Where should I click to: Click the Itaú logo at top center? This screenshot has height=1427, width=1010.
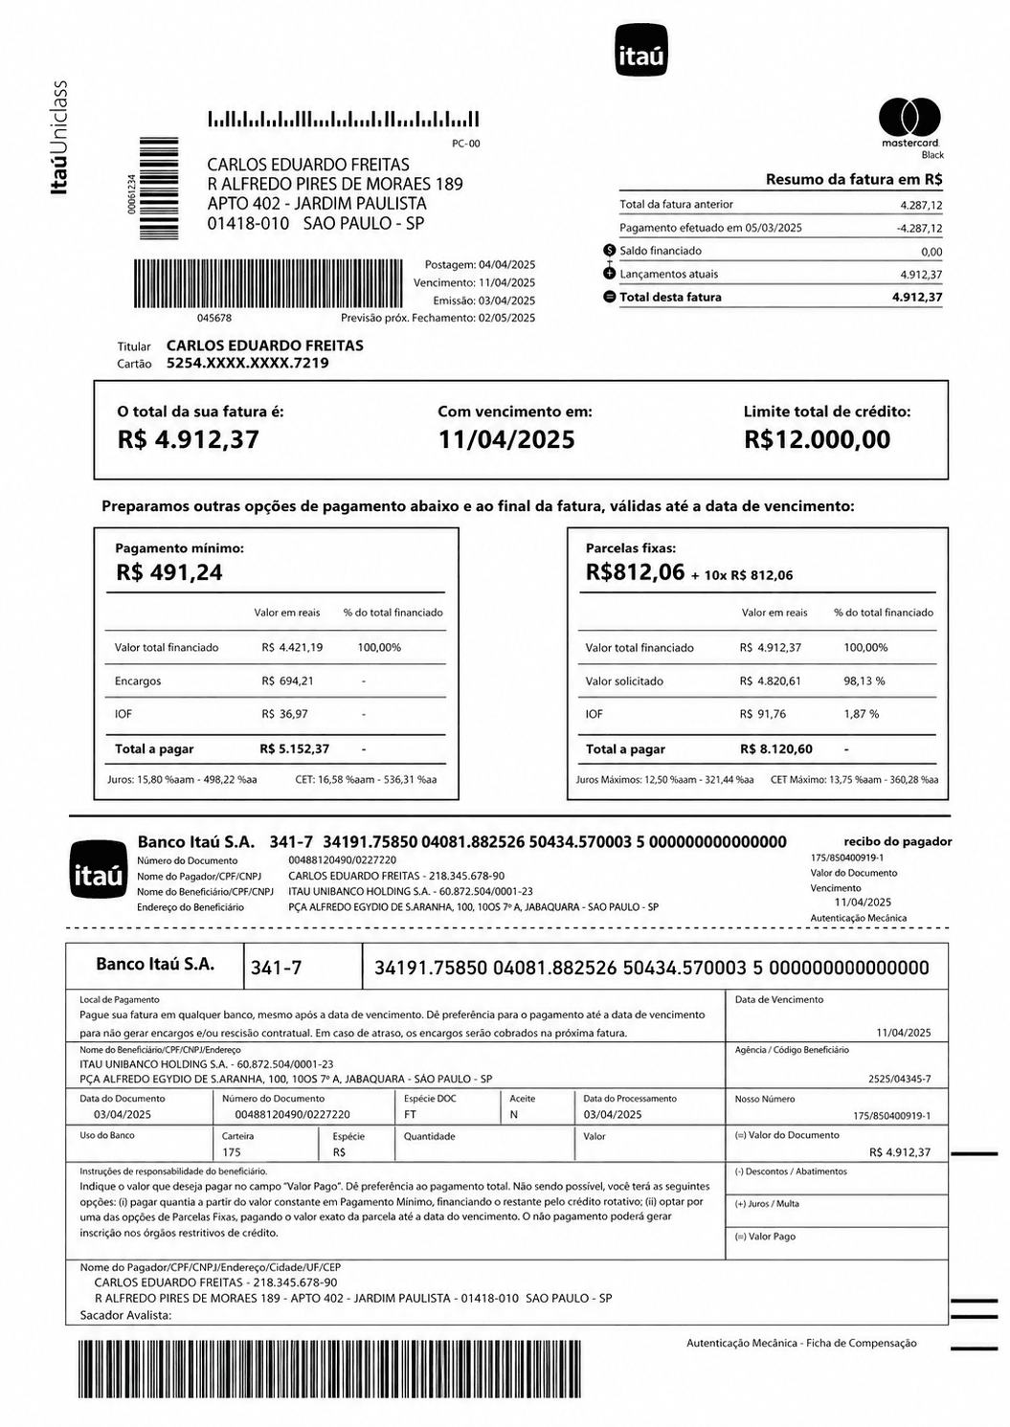[640, 51]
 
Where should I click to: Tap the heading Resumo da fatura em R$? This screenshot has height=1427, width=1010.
[853, 179]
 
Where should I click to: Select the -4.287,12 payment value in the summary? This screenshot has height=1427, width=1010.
[919, 229]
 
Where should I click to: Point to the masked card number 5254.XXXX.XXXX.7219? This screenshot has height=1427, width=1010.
[247, 364]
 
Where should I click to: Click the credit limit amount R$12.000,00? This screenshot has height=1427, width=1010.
[817, 440]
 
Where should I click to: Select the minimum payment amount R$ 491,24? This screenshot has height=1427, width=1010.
[169, 573]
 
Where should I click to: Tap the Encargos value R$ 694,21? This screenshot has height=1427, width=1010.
[287, 681]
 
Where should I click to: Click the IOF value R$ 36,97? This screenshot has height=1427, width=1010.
[284, 714]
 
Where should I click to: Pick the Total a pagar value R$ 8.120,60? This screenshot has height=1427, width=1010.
[775, 749]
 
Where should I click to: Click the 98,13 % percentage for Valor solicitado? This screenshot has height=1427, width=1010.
[864, 681]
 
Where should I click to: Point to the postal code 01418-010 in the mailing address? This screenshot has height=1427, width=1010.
[248, 224]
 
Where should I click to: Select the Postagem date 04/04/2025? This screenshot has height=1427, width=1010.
[506, 265]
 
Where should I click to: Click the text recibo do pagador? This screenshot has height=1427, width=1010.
[897, 841]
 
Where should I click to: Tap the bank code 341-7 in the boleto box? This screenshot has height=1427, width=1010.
[276, 968]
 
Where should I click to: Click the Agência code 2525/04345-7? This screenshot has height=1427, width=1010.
[899, 1079]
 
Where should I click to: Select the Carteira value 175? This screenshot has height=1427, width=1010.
[232, 1152]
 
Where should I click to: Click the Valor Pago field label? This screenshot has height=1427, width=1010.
[765, 1237]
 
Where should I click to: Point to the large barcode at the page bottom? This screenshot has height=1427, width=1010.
[328, 1369]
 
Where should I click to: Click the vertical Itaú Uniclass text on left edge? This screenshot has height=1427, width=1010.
[59, 138]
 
